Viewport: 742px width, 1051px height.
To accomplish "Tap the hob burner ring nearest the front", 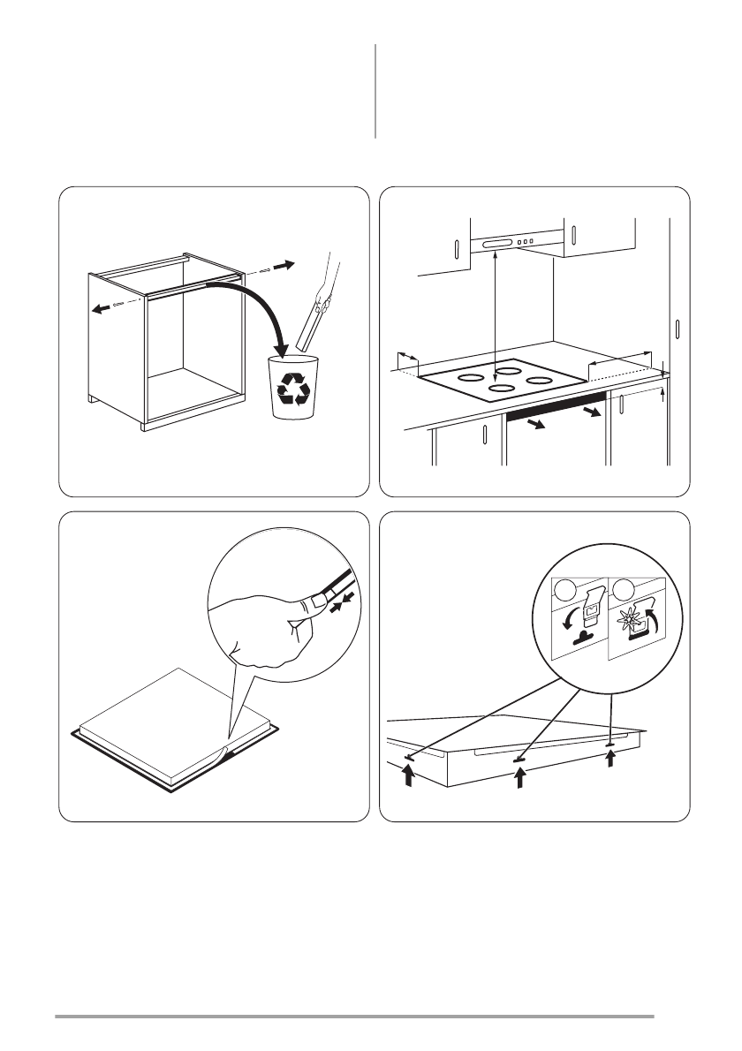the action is [502, 388].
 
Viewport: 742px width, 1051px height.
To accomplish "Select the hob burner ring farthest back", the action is [506, 360].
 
